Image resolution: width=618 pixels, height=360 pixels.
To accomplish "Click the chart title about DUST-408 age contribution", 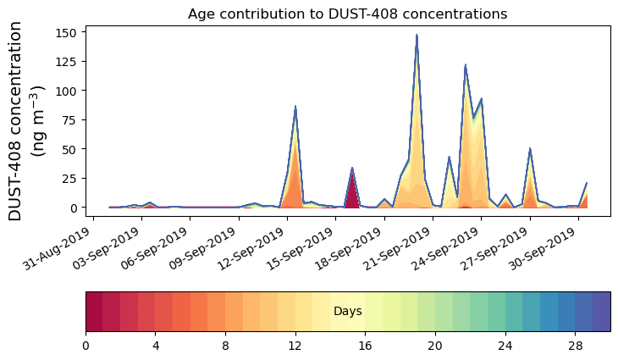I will (347, 14).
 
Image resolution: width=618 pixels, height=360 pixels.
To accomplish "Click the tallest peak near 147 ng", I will (417, 36).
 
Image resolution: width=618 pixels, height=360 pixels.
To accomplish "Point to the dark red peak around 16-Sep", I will (352, 169).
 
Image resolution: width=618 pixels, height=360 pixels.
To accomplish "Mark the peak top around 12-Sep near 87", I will (295, 107).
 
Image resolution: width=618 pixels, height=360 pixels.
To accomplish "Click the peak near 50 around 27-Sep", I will (530, 150).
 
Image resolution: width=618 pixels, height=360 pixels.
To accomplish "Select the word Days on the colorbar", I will (348, 312).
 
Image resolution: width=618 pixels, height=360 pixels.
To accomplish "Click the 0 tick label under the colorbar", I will (86, 346).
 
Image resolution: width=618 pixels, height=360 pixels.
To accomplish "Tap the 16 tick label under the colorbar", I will (366, 346).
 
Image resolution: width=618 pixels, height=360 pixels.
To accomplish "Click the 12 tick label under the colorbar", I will (295, 346).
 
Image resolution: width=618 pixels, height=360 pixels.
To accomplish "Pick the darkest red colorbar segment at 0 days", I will (94, 311).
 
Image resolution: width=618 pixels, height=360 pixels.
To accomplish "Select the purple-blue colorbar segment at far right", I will (602, 311).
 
